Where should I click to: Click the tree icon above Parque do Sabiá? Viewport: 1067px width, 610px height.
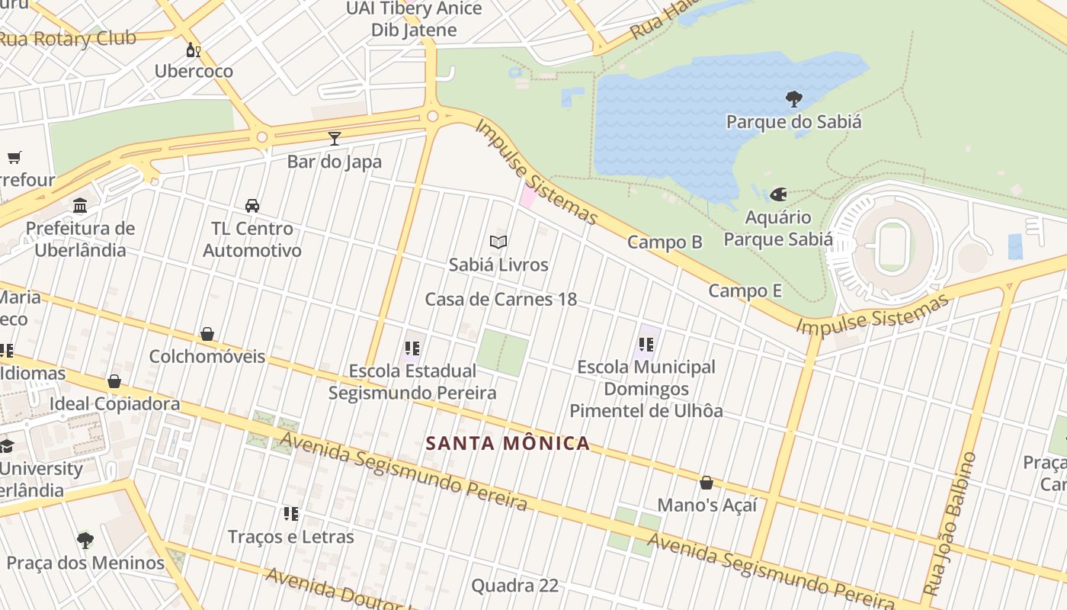coord(793,98)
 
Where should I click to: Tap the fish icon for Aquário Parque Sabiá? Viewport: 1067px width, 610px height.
coord(778,194)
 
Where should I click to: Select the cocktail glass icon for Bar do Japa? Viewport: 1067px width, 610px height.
coord(334,138)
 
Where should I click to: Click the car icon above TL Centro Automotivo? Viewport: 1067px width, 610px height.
coord(252,205)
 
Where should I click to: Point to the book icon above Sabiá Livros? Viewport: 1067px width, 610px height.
coord(498,242)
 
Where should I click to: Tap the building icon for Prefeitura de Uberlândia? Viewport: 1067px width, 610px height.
coord(80,205)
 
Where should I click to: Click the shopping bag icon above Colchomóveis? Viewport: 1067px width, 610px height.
coord(207,334)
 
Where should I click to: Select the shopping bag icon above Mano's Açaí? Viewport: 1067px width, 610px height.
coord(707,483)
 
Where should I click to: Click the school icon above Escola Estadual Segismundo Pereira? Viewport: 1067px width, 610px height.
coord(412,348)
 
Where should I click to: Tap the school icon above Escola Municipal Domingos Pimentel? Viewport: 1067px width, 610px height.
coord(646,344)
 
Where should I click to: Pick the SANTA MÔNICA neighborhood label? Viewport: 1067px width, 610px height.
coord(508,443)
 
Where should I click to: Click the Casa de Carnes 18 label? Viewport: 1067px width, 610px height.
coord(501,299)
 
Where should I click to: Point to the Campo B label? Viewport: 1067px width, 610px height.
coord(665,242)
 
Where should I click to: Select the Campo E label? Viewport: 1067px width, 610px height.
coord(745,291)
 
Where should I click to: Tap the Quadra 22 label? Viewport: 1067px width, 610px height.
coord(514,586)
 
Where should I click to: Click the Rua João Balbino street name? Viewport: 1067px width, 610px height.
coord(950,524)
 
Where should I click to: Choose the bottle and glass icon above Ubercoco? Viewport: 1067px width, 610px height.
coord(194,50)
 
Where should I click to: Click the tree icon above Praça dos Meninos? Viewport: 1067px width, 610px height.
coord(85,541)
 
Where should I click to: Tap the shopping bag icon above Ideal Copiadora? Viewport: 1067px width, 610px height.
coord(114,381)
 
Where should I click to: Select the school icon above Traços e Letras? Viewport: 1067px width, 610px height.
coord(290,513)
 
